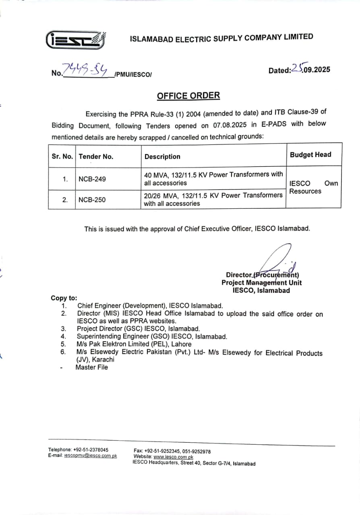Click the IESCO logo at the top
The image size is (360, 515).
click(76, 39)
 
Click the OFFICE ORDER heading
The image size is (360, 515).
click(188, 96)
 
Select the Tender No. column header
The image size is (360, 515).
click(96, 157)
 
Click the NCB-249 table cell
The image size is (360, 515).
click(92, 179)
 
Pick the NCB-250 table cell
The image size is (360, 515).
click(92, 200)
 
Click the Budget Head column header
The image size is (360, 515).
click(310, 154)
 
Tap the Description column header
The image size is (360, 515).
click(162, 157)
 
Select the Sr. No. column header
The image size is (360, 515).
click(62, 156)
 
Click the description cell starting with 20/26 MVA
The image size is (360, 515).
click(213, 199)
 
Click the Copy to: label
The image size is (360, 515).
click(64, 298)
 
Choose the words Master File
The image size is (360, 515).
click(92, 367)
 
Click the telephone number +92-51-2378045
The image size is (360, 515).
click(91, 449)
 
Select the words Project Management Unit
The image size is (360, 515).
click(261, 282)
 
